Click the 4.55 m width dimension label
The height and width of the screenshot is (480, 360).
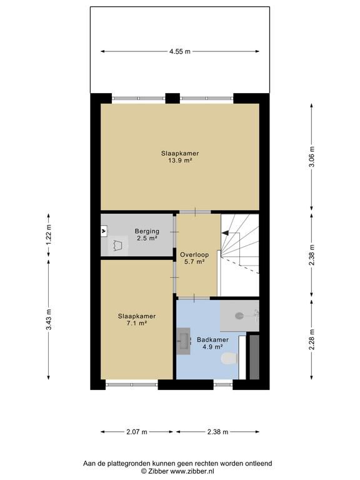[180, 51]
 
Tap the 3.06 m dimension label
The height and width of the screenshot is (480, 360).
[312, 157]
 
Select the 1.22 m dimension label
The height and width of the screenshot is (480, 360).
[48, 234]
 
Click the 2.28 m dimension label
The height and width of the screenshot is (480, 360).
[312, 339]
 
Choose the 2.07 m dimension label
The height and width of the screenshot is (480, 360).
[137, 432]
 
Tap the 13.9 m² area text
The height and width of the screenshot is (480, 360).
[180, 160]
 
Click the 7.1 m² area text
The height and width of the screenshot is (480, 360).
[137, 323]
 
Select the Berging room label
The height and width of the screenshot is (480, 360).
[147, 231]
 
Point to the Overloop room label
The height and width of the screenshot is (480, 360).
[194, 255]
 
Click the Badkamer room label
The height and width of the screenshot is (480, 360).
[212, 339]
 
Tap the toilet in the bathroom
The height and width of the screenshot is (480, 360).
[229, 359]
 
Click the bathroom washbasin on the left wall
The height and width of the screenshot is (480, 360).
[184, 341]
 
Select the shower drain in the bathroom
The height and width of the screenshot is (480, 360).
[239, 316]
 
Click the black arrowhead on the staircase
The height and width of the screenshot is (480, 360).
[225, 233]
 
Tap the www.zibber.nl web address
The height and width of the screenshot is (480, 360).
[192, 471]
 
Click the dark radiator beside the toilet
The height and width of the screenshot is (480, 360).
[254, 357]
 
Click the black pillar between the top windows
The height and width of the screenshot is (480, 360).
[172, 98]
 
